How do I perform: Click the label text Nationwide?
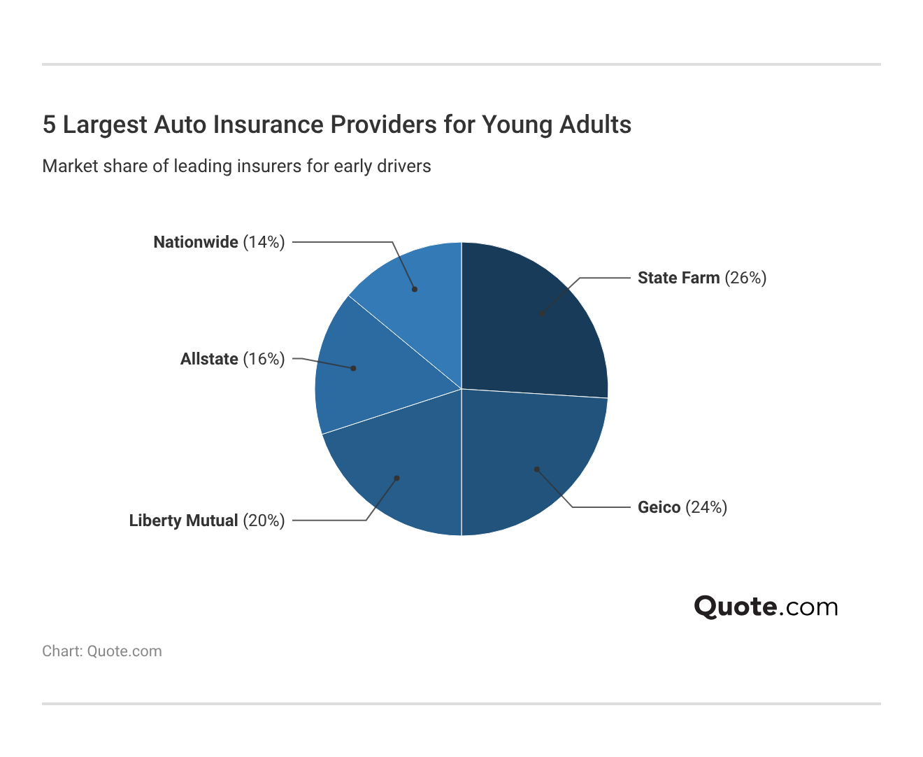pos(196,242)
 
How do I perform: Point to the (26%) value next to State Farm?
pos(745,278)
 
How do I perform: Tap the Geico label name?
pos(659,507)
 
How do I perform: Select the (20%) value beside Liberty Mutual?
pos(264,521)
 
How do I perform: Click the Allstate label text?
pos(209,359)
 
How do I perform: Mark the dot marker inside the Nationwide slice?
pos(415,289)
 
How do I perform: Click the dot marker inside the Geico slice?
pos(536,469)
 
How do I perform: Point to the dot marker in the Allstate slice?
pos(353,368)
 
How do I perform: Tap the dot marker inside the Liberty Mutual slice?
pos(396,479)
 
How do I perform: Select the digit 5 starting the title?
pos(48,125)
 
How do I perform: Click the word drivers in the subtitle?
pos(406,167)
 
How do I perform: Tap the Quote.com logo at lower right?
pos(766,607)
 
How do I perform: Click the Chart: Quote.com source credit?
pos(102,651)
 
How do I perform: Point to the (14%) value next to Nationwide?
pos(264,242)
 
